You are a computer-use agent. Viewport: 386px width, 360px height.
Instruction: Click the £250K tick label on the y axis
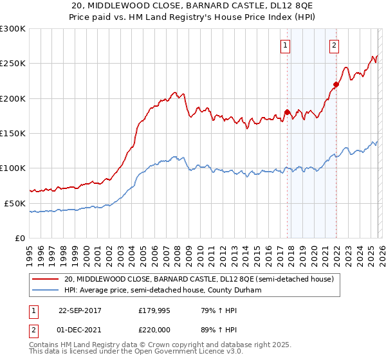pos(13,64)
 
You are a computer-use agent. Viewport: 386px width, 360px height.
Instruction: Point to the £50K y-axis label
pos(15,203)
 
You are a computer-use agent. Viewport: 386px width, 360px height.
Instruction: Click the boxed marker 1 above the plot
pos(285,45)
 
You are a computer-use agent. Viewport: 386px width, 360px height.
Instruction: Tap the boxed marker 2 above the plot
pos(335,45)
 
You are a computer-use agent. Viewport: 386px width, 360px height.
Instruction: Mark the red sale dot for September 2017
pos(287,113)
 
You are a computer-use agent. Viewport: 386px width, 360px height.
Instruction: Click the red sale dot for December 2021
pos(335,84)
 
